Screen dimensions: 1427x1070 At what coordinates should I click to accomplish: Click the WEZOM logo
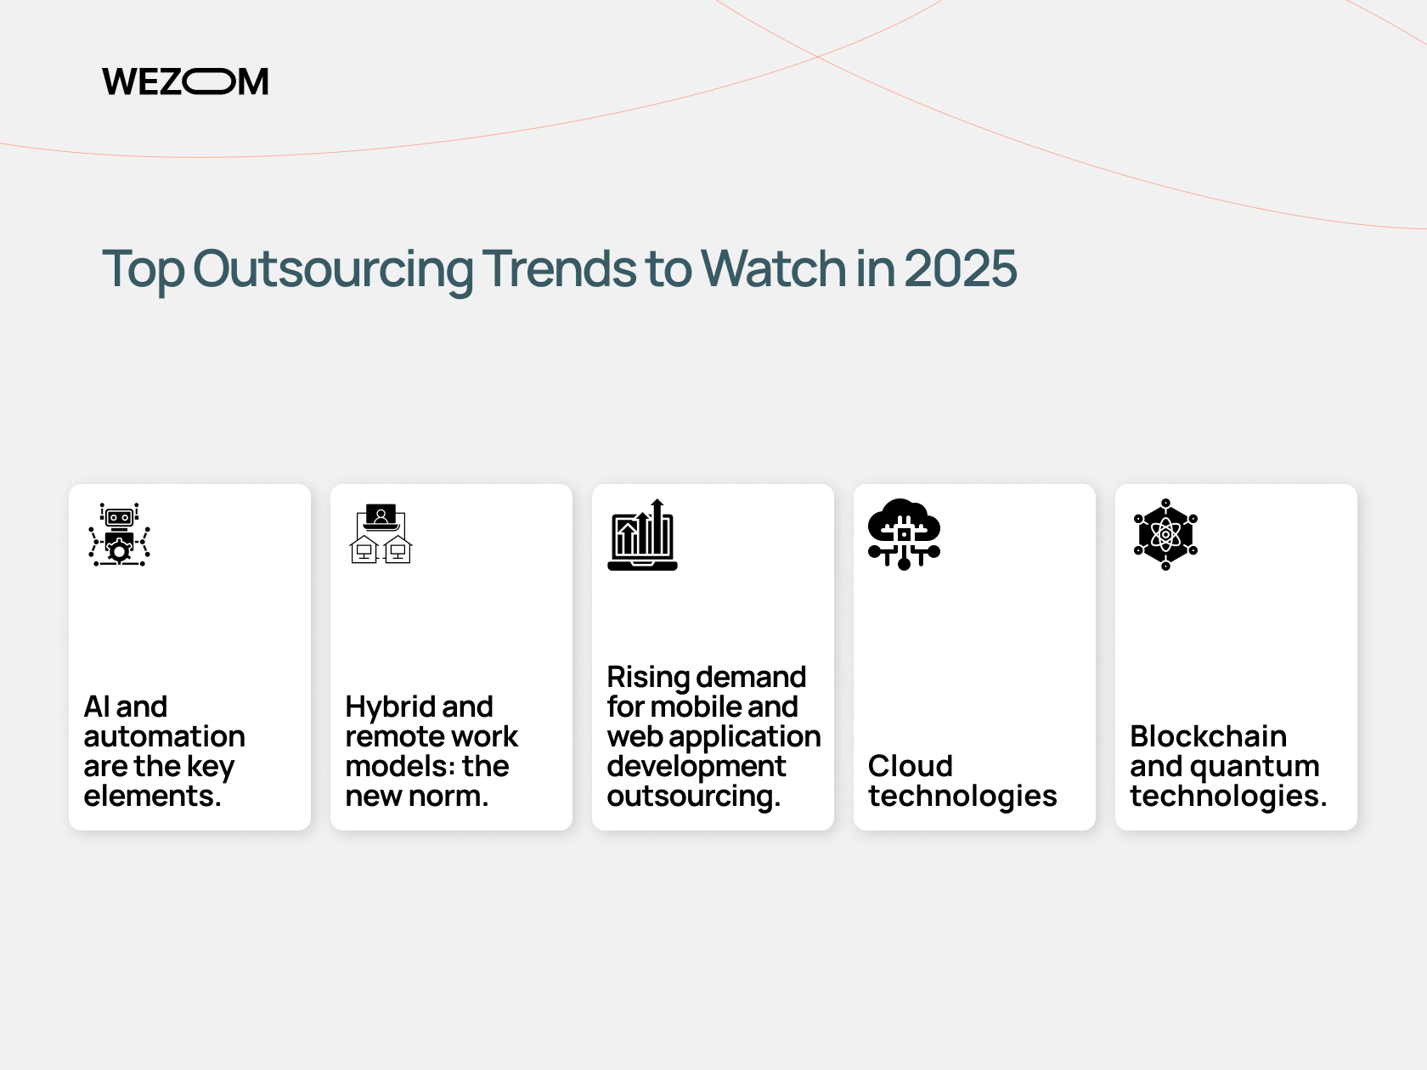click(185, 82)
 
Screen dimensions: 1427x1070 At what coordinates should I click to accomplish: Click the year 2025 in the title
click(960, 268)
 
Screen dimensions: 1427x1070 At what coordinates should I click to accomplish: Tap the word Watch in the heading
click(773, 268)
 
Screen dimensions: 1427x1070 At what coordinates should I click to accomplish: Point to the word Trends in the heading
click(558, 268)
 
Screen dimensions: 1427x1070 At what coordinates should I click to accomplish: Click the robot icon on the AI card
click(120, 534)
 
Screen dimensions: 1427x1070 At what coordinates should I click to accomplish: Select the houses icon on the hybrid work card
click(381, 534)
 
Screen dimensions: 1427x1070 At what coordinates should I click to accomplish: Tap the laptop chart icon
click(642, 535)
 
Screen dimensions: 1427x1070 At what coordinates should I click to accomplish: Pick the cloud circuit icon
click(905, 534)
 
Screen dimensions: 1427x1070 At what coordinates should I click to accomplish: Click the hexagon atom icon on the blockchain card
click(1165, 534)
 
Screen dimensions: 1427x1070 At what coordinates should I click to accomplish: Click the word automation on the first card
click(165, 737)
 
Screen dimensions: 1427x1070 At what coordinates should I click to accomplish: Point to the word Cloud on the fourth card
click(911, 766)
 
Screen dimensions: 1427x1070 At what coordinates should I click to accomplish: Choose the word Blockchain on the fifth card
click(1209, 737)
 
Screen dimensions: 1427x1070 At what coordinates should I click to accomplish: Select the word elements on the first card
click(153, 796)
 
